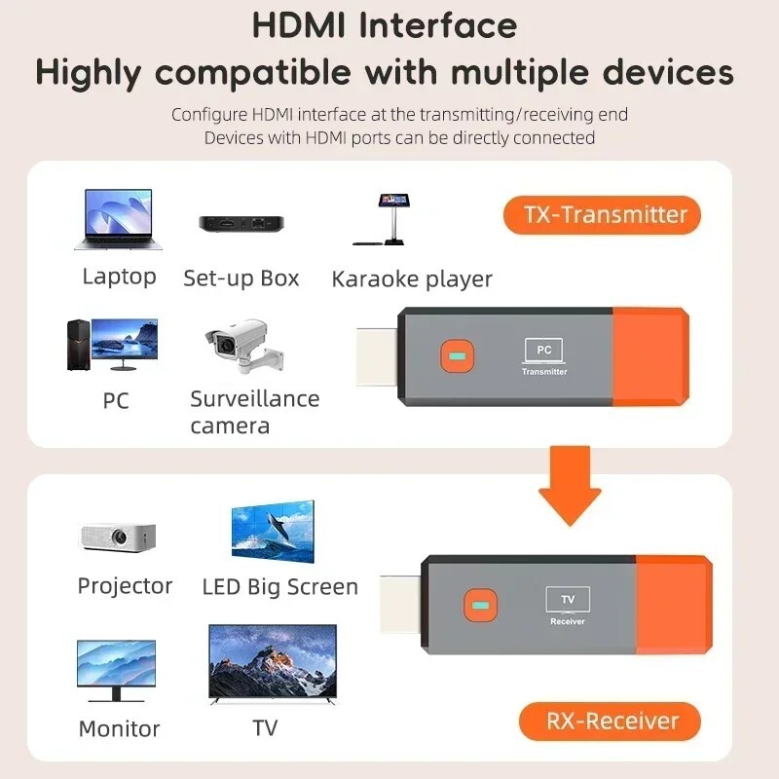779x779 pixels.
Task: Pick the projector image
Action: click(116, 536)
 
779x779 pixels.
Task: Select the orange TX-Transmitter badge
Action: click(601, 215)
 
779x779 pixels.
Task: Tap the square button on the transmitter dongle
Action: click(455, 355)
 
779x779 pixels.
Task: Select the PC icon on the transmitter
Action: click(543, 351)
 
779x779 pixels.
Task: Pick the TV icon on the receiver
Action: click(567, 599)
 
